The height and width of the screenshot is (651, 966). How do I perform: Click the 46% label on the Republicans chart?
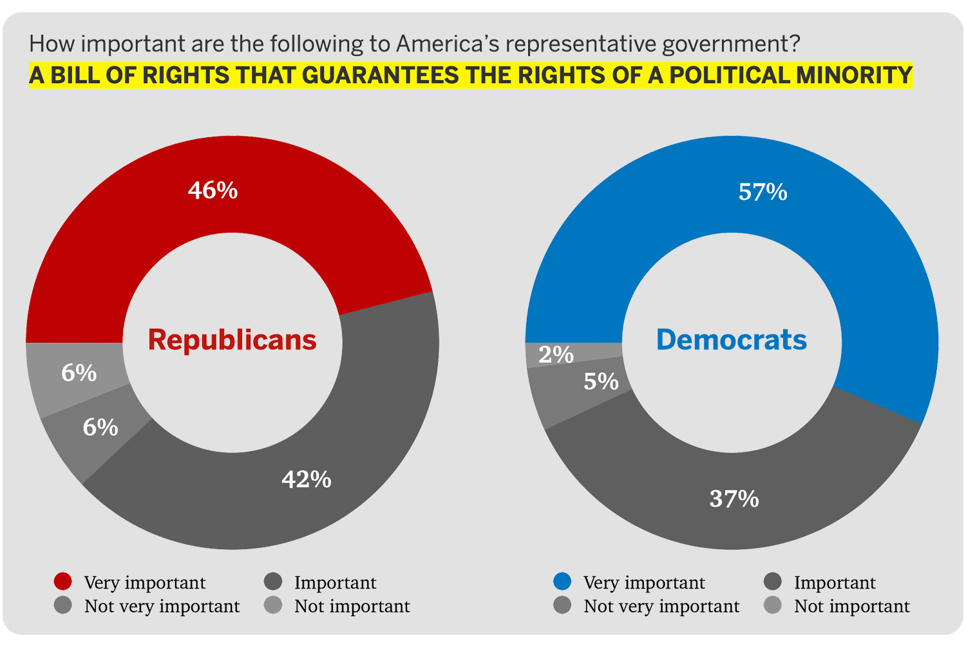click(213, 191)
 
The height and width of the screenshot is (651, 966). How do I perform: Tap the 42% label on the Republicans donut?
click(307, 480)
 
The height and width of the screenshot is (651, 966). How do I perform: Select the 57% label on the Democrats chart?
click(763, 192)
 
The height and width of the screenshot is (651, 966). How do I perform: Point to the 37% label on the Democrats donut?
click(734, 499)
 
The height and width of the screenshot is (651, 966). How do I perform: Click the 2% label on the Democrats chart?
click(556, 355)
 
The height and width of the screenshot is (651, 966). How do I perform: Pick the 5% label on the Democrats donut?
click(601, 382)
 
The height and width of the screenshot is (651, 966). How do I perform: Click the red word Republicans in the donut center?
click(232, 340)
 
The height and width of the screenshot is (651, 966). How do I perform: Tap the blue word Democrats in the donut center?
click(732, 340)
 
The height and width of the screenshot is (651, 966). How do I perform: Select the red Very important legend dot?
click(63, 581)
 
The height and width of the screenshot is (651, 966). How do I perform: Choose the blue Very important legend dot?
click(562, 581)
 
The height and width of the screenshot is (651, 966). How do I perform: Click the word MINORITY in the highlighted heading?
click(855, 75)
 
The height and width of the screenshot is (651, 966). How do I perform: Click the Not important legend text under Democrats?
click(852, 607)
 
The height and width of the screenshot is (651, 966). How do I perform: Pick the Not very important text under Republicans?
click(162, 607)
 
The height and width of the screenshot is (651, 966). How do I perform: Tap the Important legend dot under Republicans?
click(274, 581)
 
